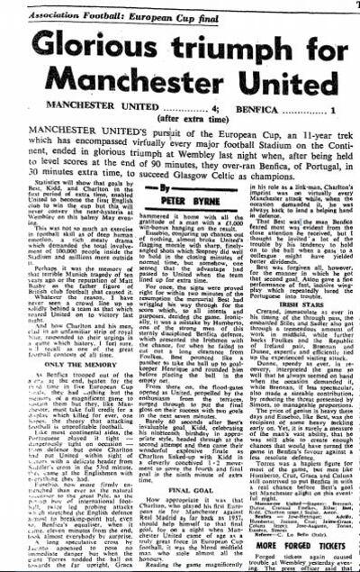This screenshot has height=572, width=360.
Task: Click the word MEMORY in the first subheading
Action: click(x=94, y=355)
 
